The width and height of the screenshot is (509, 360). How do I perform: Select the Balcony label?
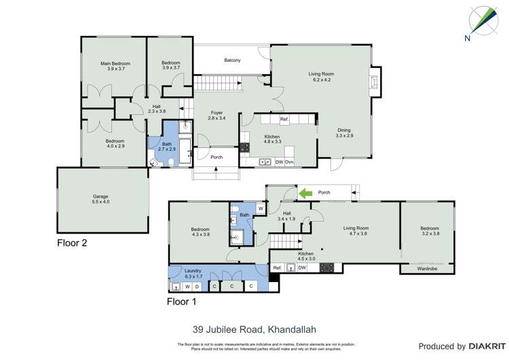pyautogui.click(x=232, y=60)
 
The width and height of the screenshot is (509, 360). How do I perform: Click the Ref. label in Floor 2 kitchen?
pyautogui.click(x=284, y=120)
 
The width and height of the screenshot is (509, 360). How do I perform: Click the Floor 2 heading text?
pyautogui.click(x=72, y=242)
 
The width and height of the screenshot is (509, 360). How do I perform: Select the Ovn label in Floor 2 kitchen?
pyautogui.click(x=288, y=162)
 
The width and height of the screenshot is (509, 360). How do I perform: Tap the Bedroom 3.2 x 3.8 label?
pyautogui.click(x=430, y=231)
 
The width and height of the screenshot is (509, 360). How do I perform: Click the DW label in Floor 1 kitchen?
pyautogui.click(x=302, y=268)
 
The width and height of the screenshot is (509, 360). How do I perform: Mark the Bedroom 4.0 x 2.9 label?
pyautogui.click(x=115, y=143)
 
